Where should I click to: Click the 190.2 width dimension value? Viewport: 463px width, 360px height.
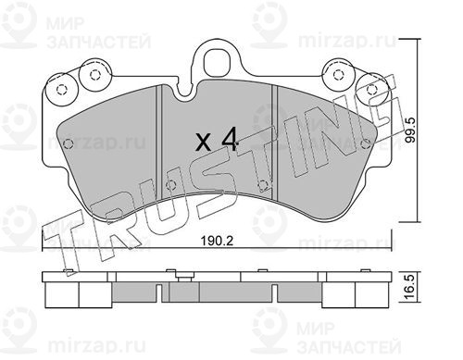(x=217, y=241)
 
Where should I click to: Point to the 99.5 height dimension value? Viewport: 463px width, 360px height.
(x=411, y=130)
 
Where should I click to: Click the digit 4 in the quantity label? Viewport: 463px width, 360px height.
(x=229, y=139)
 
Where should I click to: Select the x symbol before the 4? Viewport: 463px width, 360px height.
(x=204, y=143)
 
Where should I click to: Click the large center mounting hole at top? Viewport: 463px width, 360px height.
(x=217, y=63)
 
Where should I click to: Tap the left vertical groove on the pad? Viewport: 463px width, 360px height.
(x=159, y=143)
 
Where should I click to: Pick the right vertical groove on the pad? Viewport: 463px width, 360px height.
(x=275, y=143)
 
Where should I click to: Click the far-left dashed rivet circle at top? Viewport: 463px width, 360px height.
(x=61, y=90)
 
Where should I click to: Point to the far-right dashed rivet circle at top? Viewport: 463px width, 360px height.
(x=371, y=90)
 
